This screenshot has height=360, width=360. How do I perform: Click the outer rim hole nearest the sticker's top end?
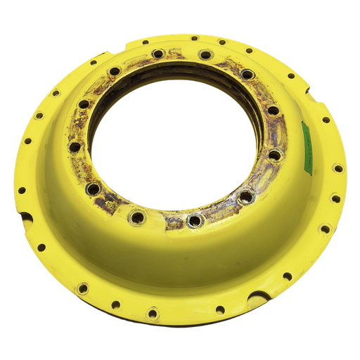(x=326, y=120)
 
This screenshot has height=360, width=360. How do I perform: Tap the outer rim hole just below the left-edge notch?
(x=41, y=247)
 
